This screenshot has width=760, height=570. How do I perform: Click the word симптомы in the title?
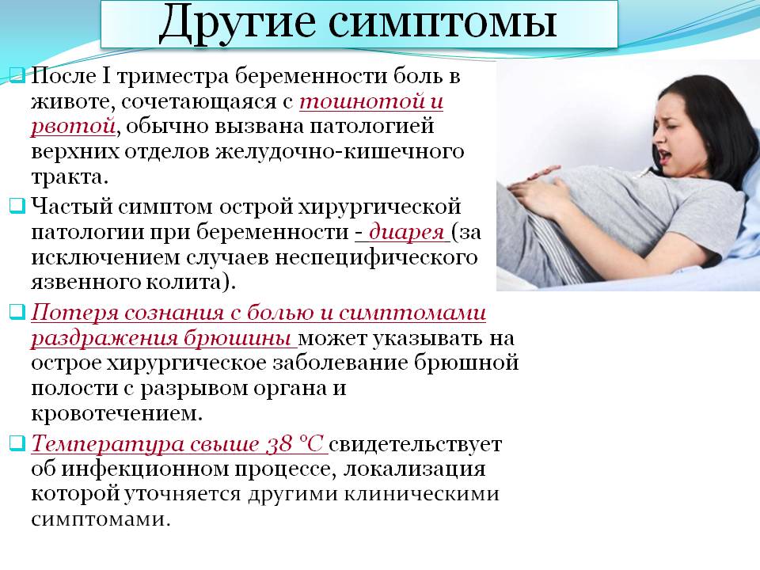[443, 22]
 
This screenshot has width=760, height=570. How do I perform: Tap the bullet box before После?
[17, 76]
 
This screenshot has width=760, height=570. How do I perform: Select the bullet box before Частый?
[17, 206]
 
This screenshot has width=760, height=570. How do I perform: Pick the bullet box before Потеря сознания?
[17, 312]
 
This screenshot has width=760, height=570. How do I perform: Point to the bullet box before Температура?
[17, 443]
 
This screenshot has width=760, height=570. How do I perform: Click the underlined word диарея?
[407, 232]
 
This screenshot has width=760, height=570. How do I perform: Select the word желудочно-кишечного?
[340, 152]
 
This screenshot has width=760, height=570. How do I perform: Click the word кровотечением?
[116, 413]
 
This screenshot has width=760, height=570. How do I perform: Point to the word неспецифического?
[376, 257]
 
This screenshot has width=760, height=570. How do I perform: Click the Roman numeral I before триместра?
[106, 76]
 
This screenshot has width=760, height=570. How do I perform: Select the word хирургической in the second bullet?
[379, 207]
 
